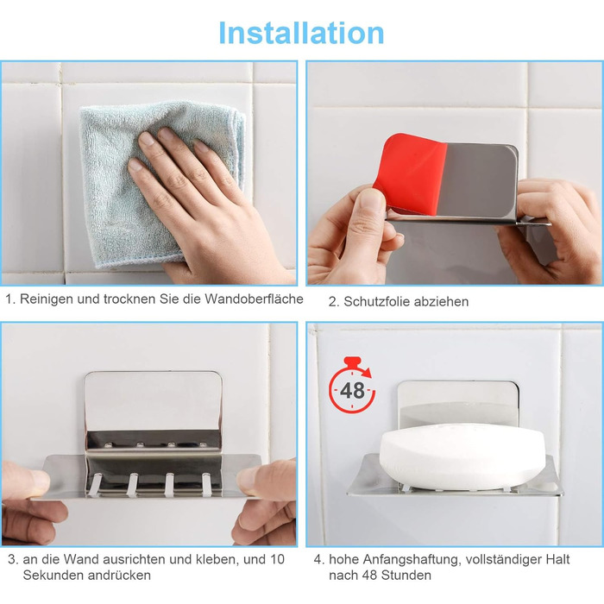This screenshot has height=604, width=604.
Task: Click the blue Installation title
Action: tap(301, 33)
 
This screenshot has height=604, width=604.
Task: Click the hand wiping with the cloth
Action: tap(204, 204)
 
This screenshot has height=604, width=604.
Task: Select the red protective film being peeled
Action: tap(409, 173)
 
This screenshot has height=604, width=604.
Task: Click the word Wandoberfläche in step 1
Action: tap(254, 299)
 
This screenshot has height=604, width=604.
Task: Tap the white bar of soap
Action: tap(462, 456)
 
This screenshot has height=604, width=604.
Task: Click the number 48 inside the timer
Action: tap(352, 391)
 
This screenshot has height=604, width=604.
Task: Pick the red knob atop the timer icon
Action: tap(352, 362)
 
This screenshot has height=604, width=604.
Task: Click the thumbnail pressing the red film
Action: tap(371, 200)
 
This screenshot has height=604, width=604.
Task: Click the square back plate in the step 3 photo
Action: tap(154, 401)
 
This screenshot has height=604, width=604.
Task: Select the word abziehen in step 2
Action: tap(444, 302)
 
